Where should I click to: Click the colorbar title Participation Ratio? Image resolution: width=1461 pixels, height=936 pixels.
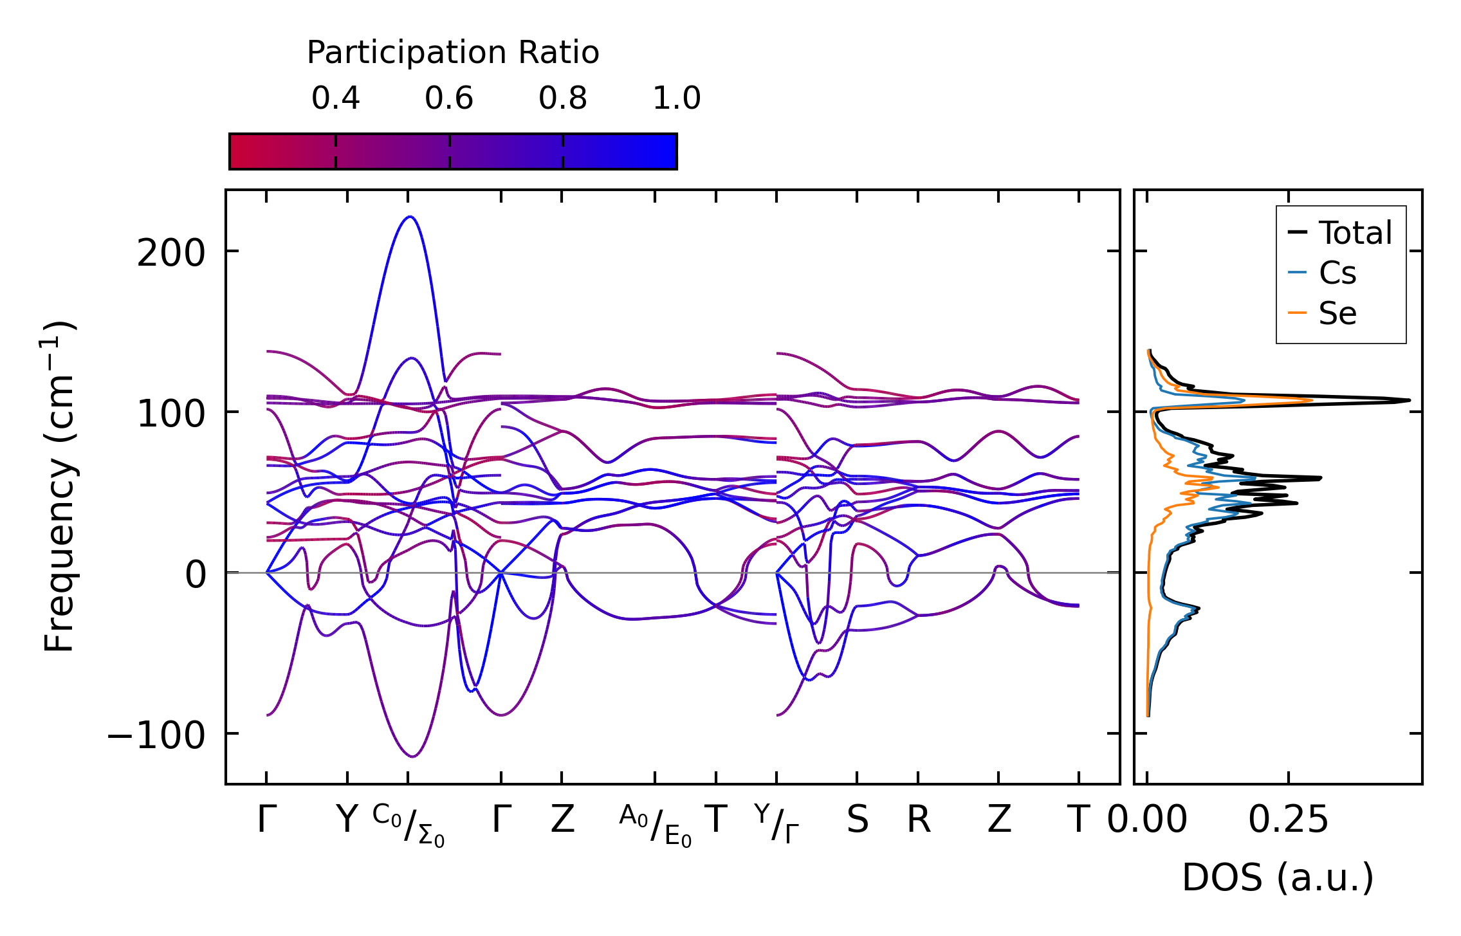click(x=452, y=53)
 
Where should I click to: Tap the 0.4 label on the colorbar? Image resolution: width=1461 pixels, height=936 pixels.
click(x=335, y=98)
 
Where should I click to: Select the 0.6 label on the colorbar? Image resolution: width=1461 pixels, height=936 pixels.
click(x=449, y=98)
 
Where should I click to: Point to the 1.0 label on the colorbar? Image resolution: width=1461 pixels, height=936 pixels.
click(x=676, y=98)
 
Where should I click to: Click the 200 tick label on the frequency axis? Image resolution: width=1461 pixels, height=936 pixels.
click(x=170, y=253)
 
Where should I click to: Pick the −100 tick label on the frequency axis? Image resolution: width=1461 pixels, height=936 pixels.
click(x=156, y=735)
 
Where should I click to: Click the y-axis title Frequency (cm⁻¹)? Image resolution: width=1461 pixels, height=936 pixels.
click(x=60, y=487)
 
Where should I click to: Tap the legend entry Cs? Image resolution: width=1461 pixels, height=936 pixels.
click(x=1337, y=273)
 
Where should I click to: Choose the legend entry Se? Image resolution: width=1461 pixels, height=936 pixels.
click(x=1337, y=313)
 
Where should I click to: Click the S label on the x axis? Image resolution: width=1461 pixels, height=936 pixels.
click(x=857, y=820)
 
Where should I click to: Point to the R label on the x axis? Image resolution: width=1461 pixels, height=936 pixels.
click(x=919, y=820)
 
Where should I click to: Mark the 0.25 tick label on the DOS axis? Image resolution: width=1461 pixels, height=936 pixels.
click(x=1288, y=820)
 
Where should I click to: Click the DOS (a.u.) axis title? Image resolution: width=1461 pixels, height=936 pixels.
click(x=1278, y=877)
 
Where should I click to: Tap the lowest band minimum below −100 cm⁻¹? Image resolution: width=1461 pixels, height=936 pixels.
click(x=413, y=757)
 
